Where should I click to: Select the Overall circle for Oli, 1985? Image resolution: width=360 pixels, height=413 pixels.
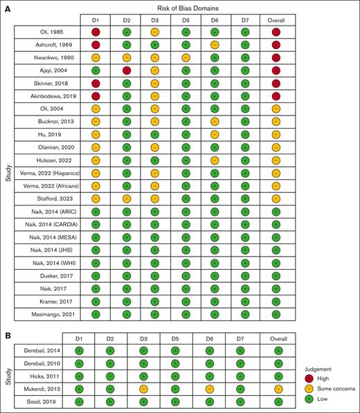click(277, 32)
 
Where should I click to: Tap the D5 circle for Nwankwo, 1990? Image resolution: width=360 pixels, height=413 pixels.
click(186, 57)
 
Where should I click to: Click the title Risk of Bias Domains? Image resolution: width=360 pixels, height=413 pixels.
click(187, 6)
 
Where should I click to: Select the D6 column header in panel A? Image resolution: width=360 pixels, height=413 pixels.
click(217, 19)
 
